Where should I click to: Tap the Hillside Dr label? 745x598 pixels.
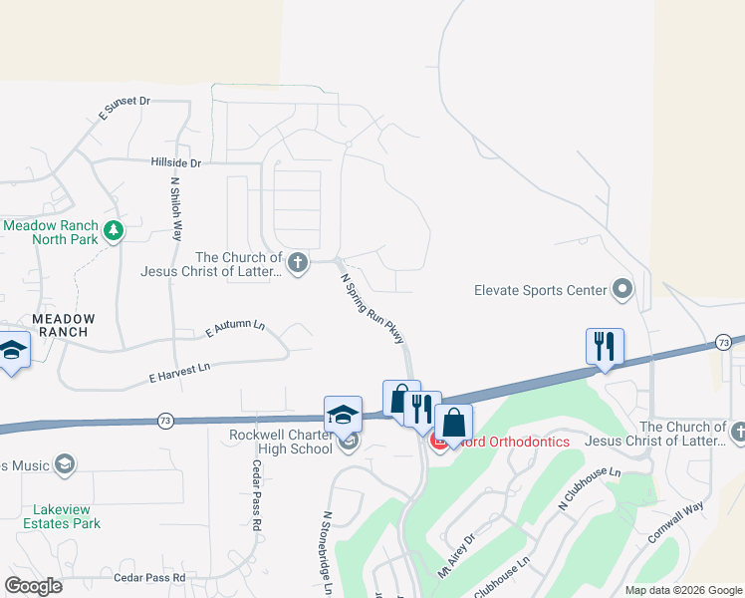click(x=176, y=162)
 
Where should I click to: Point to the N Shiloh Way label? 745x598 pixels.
click(x=176, y=209)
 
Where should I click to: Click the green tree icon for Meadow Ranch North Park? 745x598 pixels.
click(x=114, y=231)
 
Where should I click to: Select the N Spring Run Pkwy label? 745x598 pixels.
click(x=374, y=310)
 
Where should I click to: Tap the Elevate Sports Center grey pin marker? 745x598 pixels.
click(x=622, y=290)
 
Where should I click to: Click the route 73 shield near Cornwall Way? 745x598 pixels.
click(x=724, y=343)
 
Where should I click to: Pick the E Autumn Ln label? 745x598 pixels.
click(x=235, y=328)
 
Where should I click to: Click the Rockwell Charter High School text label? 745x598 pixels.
click(x=281, y=442)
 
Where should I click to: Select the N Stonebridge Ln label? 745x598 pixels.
click(x=327, y=553)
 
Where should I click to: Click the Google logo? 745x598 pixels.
click(x=34, y=586)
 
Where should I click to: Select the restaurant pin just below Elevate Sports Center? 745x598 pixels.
click(x=605, y=346)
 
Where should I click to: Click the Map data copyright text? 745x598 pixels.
click(x=682, y=590)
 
